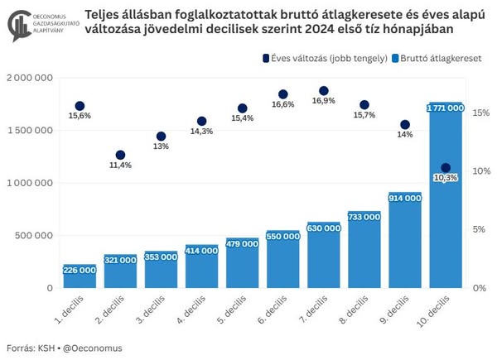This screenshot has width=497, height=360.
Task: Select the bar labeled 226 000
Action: click(80, 277)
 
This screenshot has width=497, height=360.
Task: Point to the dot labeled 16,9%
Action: click(323, 91)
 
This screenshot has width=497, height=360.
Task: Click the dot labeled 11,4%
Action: click(120, 155)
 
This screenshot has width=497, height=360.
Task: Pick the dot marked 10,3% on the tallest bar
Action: click(446, 168)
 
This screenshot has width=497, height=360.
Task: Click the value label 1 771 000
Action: click(446, 108)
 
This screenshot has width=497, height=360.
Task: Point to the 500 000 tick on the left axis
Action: click(33, 235)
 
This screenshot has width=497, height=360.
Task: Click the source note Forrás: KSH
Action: click(27, 348)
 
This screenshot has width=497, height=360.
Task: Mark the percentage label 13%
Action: click(161, 146)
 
